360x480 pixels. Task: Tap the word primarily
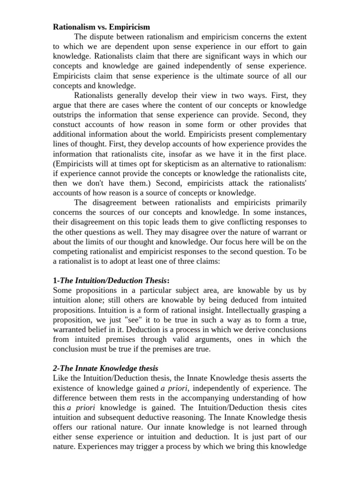pyautogui.click(x=288, y=202)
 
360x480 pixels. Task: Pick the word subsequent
pyautogui.click(x=117, y=417)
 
